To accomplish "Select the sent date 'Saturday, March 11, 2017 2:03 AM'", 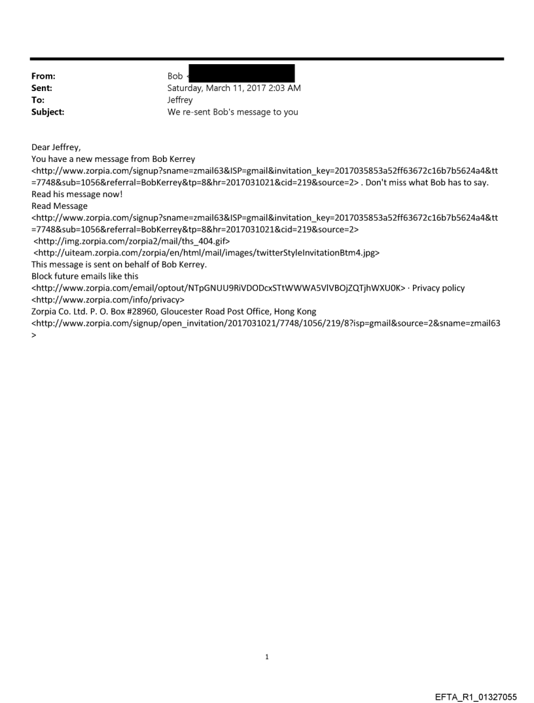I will coord(234,88).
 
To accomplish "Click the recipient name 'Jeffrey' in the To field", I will coord(180,100).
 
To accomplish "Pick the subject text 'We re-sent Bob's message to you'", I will coord(232,112).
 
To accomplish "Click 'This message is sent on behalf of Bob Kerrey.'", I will coord(119,264).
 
